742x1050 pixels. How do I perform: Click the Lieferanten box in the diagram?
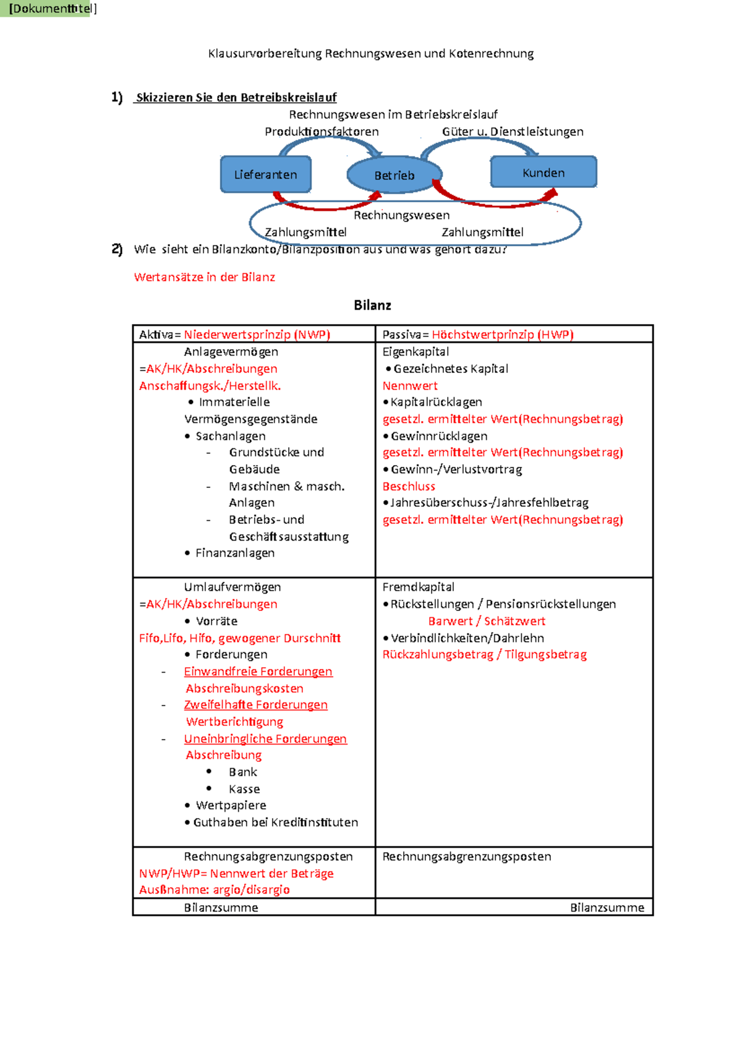[266, 174]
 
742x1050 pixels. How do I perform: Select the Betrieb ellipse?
[394, 175]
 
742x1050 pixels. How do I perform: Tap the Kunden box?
[544, 172]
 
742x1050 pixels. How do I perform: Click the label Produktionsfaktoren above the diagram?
[322, 131]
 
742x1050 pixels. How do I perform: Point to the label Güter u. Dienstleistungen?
[513, 131]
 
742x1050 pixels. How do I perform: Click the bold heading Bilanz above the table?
[372, 305]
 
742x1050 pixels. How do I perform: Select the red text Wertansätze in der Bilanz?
[205, 277]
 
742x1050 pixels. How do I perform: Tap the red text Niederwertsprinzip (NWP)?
[257, 335]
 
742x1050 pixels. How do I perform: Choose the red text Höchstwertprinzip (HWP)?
[502, 335]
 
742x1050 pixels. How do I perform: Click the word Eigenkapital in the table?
[416, 351]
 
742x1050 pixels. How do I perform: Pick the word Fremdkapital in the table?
[418, 587]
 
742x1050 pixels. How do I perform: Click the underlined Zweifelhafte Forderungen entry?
[255, 705]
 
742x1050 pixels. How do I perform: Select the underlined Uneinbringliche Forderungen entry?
[265, 739]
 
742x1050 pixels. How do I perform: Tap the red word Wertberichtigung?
[234, 722]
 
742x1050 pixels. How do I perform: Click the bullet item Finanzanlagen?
[235, 553]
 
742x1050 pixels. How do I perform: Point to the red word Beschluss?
[409, 486]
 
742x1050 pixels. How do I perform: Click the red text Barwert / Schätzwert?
[487, 621]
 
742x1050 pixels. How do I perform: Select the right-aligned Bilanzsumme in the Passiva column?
[607, 907]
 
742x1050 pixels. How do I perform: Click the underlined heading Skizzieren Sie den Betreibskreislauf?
[236, 97]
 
